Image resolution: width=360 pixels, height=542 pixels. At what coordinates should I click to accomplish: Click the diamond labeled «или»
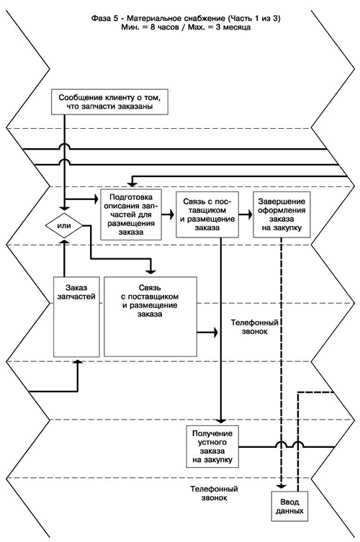[x=64, y=226]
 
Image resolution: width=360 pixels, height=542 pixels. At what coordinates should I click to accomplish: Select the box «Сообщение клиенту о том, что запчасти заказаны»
[x=109, y=102]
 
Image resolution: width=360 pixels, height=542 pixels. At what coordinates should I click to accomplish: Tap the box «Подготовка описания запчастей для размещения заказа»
[x=131, y=214]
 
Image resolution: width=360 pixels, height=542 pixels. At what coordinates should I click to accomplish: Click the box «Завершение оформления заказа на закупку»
[x=282, y=214]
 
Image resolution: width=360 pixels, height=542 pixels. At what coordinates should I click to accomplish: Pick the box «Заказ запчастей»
[x=76, y=317]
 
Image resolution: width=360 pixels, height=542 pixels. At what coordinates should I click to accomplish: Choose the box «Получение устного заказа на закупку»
[x=212, y=446]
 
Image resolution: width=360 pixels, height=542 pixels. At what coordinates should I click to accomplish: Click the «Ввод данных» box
[x=289, y=507]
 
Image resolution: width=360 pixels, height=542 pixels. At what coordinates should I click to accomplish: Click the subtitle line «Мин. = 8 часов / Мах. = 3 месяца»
[x=186, y=27]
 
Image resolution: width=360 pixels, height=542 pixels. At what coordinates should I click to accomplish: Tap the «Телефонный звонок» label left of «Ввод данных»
[x=214, y=494]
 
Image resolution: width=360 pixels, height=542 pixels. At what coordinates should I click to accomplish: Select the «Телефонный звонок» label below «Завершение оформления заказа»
[x=255, y=327]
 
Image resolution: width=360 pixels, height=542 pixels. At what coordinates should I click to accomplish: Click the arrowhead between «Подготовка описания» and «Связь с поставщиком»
[x=171, y=214]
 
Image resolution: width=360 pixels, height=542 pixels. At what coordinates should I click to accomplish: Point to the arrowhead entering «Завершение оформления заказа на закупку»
[x=249, y=214]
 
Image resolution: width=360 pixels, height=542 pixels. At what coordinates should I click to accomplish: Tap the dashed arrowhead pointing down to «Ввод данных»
[x=282, y=486]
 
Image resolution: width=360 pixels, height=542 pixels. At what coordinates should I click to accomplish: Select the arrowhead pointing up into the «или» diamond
[x=64, y=241]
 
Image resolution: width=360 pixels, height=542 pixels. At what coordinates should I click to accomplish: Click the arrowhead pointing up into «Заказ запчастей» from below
[x=78, y=361]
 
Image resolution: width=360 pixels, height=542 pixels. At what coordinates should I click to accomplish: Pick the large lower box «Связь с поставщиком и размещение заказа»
[x=150, y=317]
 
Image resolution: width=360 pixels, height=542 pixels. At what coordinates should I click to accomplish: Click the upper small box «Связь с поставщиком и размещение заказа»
[x=207, y=214]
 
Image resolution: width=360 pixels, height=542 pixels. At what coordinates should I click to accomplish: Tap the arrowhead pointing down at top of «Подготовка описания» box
[x=132, y=183]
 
